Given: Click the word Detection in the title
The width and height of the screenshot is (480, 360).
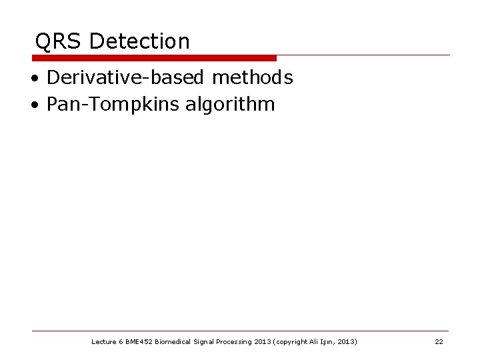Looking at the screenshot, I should (x=139, y=42).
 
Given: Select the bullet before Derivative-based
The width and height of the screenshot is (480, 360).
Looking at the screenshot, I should (x=33, y=79).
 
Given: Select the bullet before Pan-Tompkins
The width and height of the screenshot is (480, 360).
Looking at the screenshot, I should (x=33, y=105).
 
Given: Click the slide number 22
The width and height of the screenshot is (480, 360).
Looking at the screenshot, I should (x=439, y=342).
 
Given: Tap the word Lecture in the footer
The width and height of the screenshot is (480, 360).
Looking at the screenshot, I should (x=103, y=342).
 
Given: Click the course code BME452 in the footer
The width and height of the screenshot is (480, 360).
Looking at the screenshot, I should (x=139, y=342).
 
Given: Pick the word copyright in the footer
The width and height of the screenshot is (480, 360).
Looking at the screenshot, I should (x=291, y=342).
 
